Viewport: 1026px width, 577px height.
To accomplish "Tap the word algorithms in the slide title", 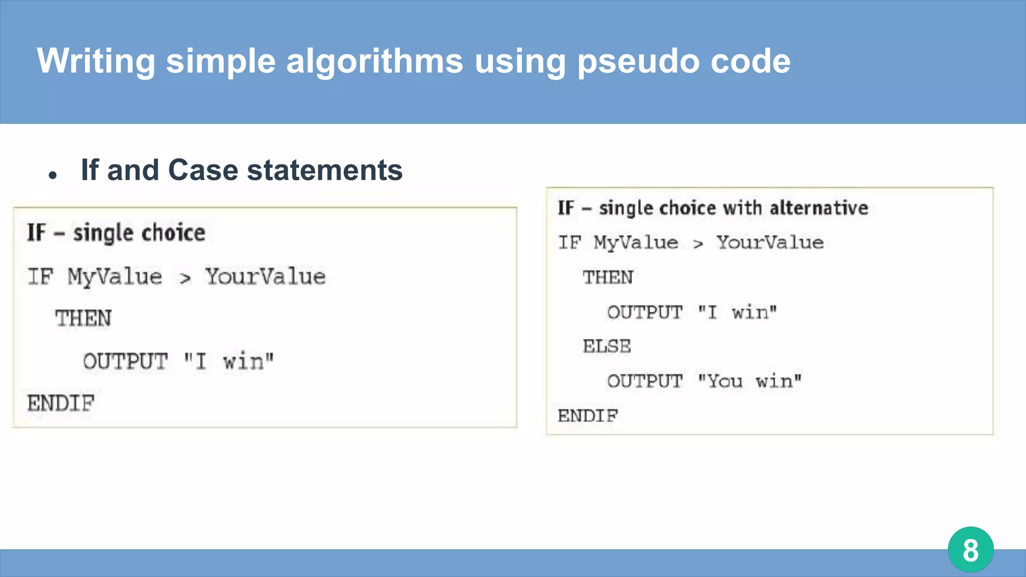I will click(375, 62).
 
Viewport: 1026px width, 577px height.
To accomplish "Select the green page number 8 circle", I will click(970, 549).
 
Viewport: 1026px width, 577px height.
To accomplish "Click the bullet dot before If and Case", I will click(53, 175).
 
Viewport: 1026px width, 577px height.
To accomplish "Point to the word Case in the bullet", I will click(203, 170).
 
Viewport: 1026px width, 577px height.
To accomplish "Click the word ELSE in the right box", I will click(607, 346).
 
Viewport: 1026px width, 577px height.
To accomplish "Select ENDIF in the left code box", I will click(61, 403).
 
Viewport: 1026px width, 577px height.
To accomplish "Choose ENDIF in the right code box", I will click(588, 415).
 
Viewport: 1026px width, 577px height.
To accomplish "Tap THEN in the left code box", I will click(83, 318).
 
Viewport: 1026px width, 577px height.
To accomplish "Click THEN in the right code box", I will click(608, 277).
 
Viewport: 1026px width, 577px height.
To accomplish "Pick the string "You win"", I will click(749, 381).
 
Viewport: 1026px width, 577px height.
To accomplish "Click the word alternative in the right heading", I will click(819, 208).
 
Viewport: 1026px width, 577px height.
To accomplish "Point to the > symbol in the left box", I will click(185, 278).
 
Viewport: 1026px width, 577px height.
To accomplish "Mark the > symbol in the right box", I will click(698, 244).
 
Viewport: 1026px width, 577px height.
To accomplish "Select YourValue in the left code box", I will click(266, 276).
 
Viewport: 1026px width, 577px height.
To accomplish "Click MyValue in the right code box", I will click(636, 243).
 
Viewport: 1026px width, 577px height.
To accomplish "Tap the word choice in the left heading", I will click(173, 233).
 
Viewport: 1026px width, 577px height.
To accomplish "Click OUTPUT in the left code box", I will click(125, 361).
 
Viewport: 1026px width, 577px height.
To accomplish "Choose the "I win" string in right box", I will click(737, 312).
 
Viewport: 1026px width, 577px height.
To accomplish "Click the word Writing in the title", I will click(96, 62).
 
